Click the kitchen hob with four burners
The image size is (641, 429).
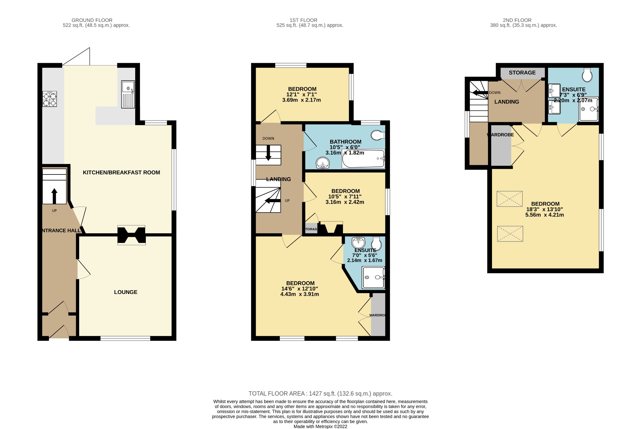click(49, 99)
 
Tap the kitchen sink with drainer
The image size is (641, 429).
click(128, 94)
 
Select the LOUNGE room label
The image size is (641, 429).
click(126, 292)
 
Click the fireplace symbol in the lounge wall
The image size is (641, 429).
click(131, 235)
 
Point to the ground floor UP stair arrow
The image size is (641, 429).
click(54, 196)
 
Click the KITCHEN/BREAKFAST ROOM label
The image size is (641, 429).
click(121, 172)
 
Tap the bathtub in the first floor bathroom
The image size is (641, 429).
click(363, 159)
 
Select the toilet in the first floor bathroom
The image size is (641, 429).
click(378, 135)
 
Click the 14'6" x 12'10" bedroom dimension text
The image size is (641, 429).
click(300, 289)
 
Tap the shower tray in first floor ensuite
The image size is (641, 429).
click(373, 277)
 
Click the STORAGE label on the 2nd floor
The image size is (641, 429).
click(522, 73)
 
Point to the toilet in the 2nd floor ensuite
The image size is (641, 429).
click(587, 75)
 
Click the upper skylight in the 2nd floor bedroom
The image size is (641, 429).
click(510, 199)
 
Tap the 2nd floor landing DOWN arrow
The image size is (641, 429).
click(479, 93)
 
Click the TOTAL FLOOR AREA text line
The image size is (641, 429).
click(320, 394)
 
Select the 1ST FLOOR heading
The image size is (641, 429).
click(303, 20)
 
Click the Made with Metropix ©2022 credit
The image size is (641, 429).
click(320, 426)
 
